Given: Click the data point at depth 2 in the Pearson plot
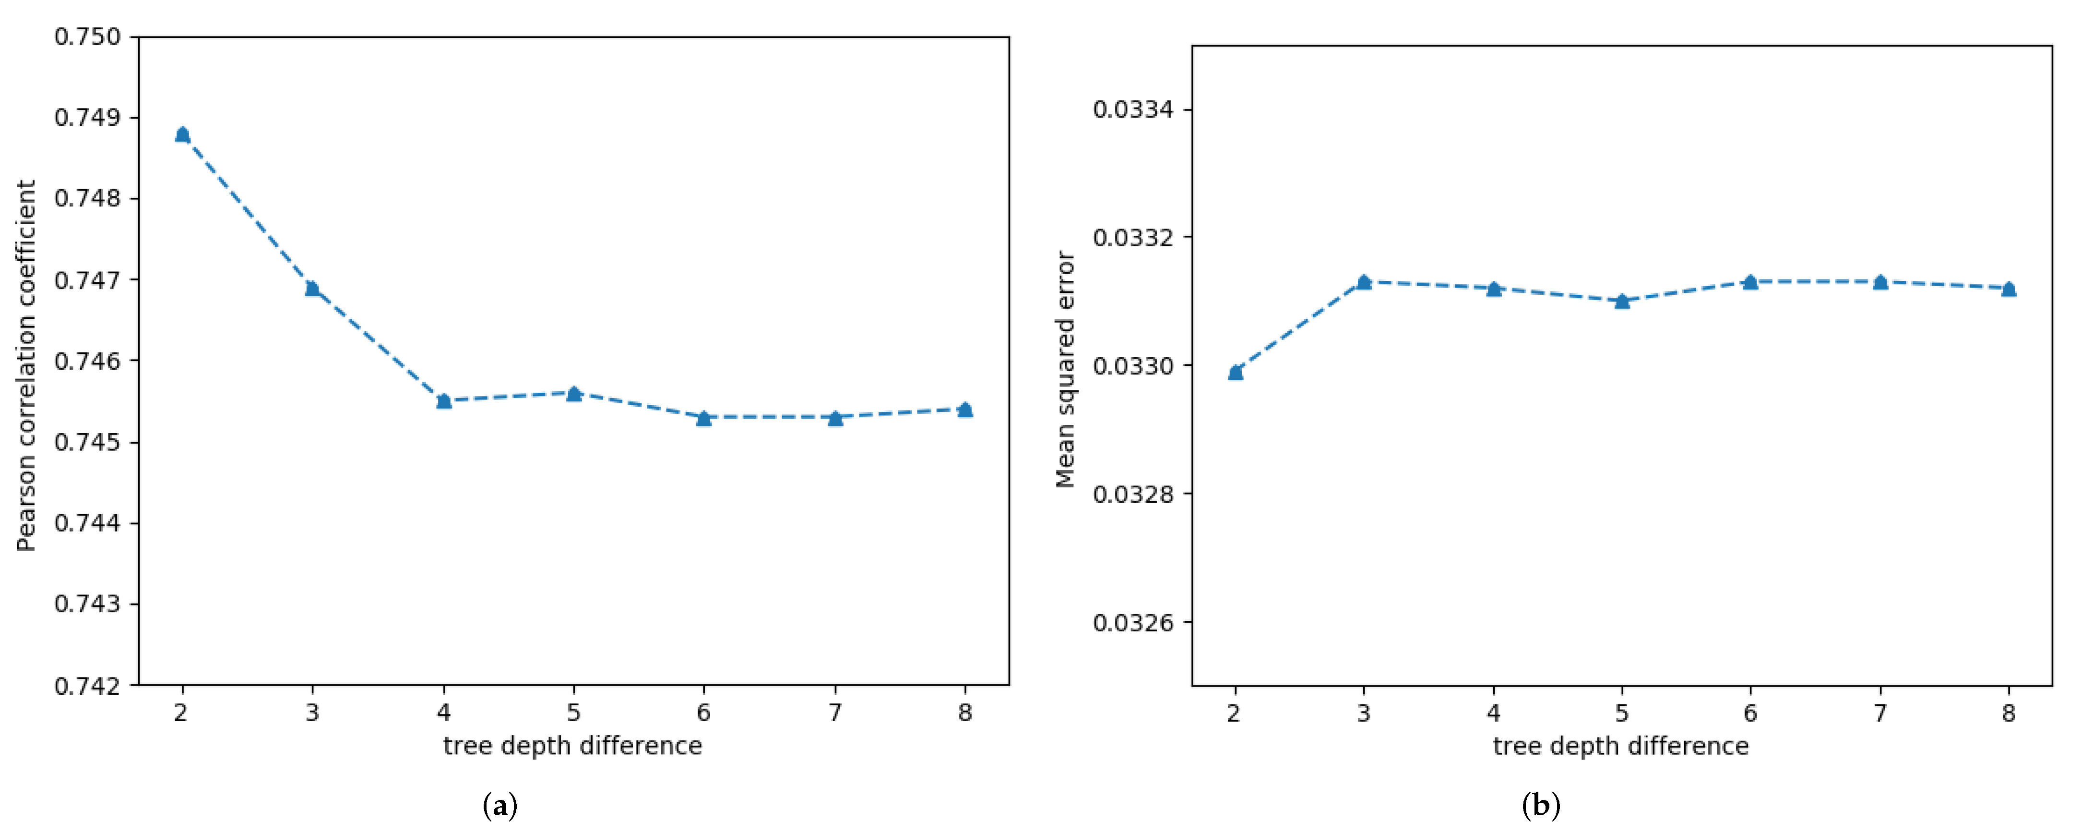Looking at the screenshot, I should pyautogui.click(x=182, y=134).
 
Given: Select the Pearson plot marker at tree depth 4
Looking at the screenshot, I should pyautogui.click(x=443, y=401).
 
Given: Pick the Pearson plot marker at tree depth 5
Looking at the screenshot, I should pyautogui.click(x=573, y=394).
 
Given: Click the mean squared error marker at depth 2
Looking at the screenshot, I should pyautogui.click(x=1235, y=372).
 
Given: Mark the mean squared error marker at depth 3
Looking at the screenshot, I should pyautogui.click(x=1364, y=282).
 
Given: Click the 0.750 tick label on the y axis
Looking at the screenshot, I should pyautogui.click(x=87, y=37).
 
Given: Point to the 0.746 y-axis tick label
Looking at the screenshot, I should pyautogui.click(x=87, y=361).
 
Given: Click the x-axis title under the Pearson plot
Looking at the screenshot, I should pyautogui.click(x=573, y=746).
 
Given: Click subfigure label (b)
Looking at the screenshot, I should pyautogui.click(x=1541, y=806).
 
